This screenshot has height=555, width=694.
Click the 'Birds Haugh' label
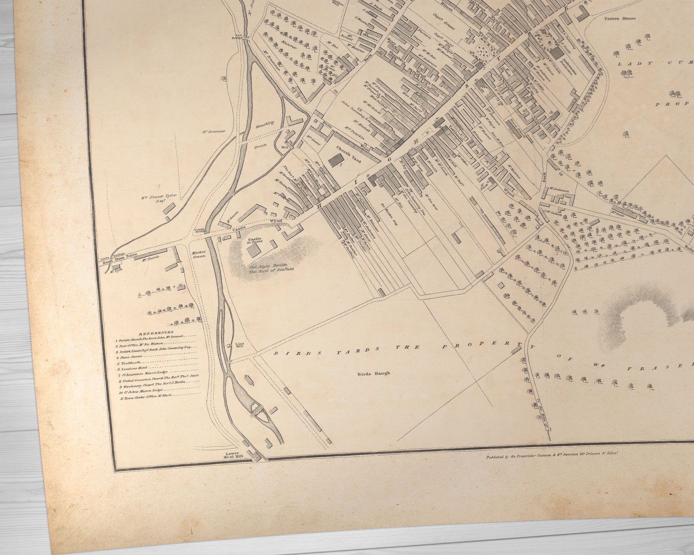coord(373,374)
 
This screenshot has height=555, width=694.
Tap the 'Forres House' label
coord(620,19)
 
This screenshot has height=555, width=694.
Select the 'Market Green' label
coord(198,254)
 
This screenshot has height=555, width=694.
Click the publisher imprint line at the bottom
coord(552,455)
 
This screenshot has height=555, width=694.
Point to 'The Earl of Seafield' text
coord(271,270)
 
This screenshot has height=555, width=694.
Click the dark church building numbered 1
coord(336,160)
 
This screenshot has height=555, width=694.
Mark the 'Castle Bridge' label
coord(200,230)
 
